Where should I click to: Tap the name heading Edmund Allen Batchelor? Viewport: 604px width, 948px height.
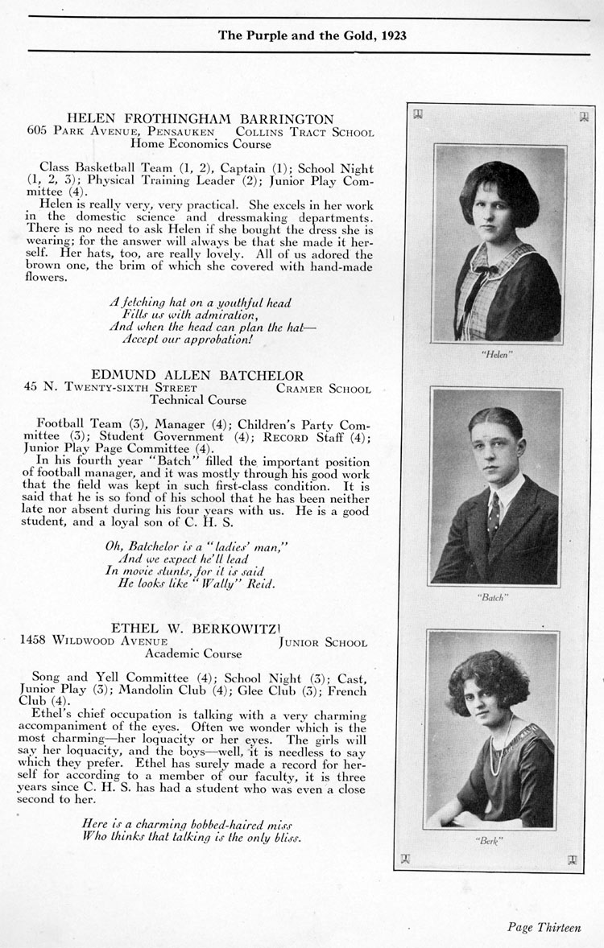197,375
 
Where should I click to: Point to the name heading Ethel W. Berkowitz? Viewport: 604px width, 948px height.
198,629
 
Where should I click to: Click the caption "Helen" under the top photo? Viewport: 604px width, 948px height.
500,354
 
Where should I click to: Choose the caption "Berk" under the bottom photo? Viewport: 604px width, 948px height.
490,840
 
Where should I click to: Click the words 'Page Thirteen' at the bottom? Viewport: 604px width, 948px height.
544,927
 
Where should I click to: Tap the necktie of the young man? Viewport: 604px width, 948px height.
493,509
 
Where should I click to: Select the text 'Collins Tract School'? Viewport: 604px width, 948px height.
304,131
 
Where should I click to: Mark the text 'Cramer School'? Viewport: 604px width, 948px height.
323,388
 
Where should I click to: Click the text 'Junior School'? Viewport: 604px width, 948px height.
322,642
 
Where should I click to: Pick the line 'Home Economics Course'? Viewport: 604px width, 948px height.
201,144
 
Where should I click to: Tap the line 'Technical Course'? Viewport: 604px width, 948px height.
198,400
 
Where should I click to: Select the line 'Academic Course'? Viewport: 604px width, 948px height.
204,654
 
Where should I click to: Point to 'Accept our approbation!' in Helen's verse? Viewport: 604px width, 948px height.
187,340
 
